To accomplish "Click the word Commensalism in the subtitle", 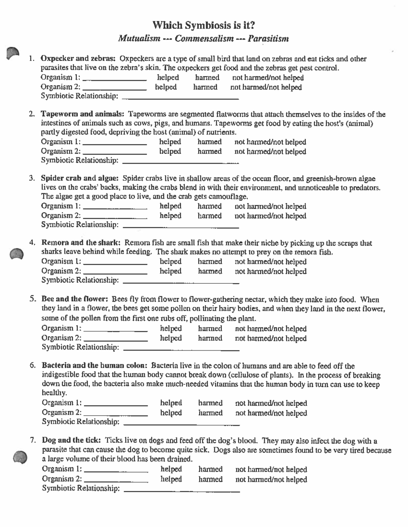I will (204, 38).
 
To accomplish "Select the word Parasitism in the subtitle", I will (268, 38).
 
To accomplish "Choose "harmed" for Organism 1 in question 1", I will (207, 77).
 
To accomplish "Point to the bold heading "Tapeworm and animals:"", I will (83, 114).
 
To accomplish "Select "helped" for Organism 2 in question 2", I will (170, 151).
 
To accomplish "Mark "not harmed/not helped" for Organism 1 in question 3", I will (270, 206).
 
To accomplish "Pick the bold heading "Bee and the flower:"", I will (75, 299).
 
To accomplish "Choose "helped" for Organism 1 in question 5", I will (171, 328).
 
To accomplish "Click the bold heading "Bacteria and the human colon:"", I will (95, 365).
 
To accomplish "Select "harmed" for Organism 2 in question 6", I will (210, 413).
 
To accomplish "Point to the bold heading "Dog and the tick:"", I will (71, 440).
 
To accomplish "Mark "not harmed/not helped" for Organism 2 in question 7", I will (271, 479).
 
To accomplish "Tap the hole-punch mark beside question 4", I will (16, 254).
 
